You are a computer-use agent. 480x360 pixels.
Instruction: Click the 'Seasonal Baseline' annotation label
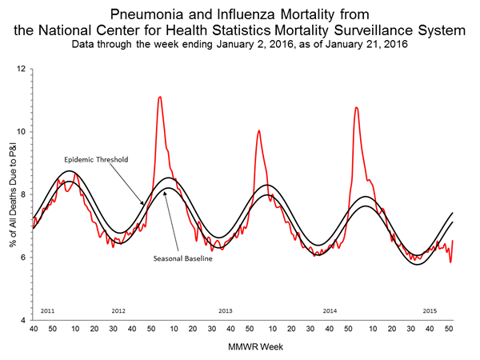(x=180, y=258)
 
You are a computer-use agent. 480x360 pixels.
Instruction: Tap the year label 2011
(x=47, y=310)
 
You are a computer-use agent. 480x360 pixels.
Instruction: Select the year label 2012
(x=119, y=310)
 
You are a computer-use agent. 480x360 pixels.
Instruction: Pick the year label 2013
(x=225, y=310)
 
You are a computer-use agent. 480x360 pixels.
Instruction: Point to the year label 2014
(x=330, y=310)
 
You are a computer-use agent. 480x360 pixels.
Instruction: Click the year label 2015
(x=430, y=310)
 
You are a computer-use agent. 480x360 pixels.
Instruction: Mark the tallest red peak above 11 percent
(x=160, y=98)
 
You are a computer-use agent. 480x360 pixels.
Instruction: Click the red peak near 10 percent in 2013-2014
(x=258, y=131)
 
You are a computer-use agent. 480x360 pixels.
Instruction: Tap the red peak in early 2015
(x=356, y=108)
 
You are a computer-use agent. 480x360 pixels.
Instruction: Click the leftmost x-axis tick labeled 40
(x=33, y=330)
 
